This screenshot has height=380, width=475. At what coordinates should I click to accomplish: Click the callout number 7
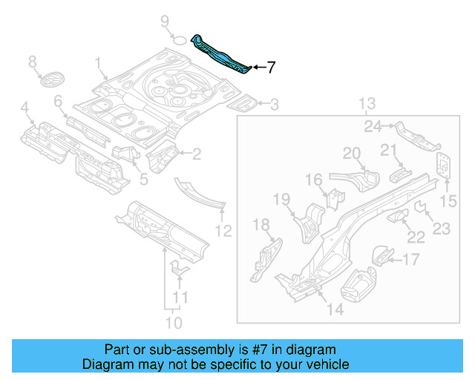pos(271,68)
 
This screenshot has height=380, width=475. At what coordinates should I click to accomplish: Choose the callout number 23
pos(442,229)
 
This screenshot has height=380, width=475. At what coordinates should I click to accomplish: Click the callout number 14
pos(335,309)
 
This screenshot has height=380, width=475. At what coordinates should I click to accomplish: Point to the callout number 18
pos(261,226)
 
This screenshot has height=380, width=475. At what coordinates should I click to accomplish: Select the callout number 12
pos(223,231)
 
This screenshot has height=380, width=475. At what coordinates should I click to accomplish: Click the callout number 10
pos(173,323)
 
